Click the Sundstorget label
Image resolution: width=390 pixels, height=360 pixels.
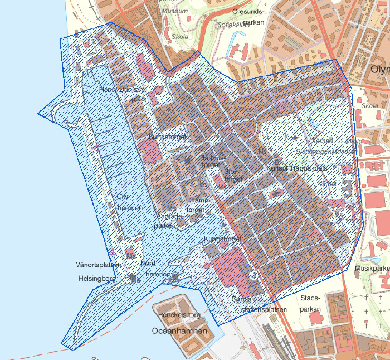167,136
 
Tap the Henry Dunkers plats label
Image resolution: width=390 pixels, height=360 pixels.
122,94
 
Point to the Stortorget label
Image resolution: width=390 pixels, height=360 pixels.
234,176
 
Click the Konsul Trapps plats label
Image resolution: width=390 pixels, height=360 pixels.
297,168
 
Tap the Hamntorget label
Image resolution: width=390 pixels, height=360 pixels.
200,205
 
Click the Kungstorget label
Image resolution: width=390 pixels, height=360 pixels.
222,239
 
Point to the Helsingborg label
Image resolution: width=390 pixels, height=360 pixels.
97,278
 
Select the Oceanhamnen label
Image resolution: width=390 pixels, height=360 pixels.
179,330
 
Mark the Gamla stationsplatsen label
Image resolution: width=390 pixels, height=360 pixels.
260,304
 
